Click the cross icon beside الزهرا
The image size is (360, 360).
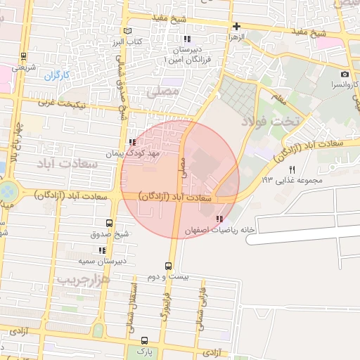tap(237, 25)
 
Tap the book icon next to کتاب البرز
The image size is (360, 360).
tap(127, 31)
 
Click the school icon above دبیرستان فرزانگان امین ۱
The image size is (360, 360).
tap(186, 39)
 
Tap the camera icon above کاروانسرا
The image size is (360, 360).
tap(345, 75)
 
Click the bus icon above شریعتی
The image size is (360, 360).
tap(25, 57)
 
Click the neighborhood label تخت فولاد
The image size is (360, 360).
tap(270, 121)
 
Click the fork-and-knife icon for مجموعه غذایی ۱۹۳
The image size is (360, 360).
tap(292, 169)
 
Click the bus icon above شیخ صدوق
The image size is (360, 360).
tap(108, 221)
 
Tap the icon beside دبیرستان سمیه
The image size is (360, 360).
tap(103, 250)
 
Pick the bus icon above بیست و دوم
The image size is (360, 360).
tap(168, 266)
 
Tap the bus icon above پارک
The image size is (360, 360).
tap(144, 340)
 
